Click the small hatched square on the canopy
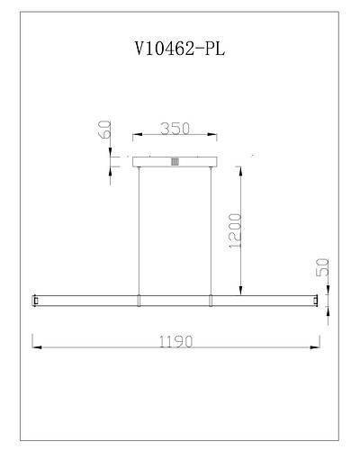(x=175, y=161)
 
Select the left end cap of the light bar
(x=35, y=299)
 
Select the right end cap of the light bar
(x=316, y=299)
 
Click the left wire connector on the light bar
(x=139, y=299)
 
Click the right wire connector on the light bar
(x=211, y=299)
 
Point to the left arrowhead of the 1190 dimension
(x=36, y=347)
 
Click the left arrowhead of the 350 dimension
(x=136, y=137)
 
